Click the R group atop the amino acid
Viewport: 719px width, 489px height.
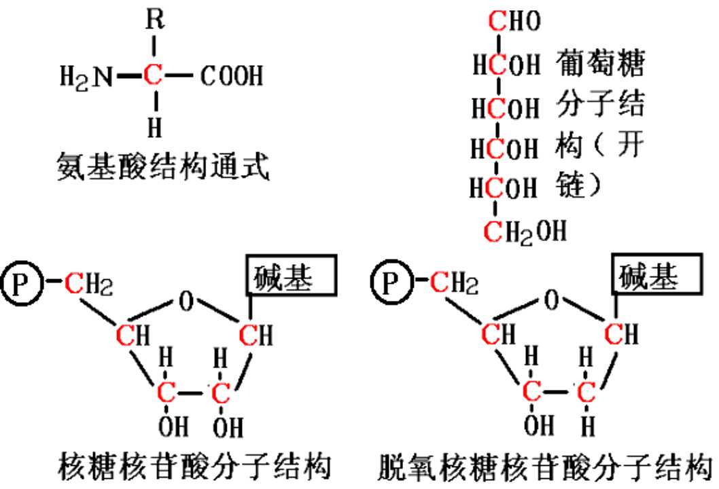click(154, 20)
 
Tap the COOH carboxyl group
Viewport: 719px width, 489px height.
click(232, 76)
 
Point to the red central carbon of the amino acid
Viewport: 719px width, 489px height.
click(153, 75)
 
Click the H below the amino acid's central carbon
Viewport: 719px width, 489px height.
click(155, 128)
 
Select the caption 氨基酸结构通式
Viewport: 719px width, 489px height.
click(163, 166)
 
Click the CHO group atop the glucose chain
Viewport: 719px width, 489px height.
click(514, 20)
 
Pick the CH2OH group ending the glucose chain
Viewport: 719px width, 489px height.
click(525, 232)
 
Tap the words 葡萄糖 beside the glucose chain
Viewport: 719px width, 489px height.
click(600, 62)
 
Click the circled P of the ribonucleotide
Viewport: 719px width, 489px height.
click(22, 283)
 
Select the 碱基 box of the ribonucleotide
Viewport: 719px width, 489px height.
click(292, 276)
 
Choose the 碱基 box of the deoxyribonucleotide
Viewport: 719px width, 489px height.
click(657, 274)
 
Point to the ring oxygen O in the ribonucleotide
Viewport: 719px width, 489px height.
click(186, 302)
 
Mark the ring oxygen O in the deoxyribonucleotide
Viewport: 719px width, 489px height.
click(551, 300)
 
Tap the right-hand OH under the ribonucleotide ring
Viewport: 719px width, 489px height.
click(228, 427)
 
